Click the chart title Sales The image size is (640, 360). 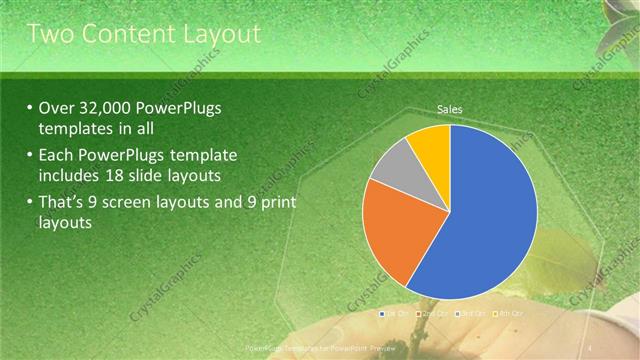point(449,109)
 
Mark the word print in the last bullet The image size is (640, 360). point(272,203)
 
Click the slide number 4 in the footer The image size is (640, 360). point(593,347)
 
